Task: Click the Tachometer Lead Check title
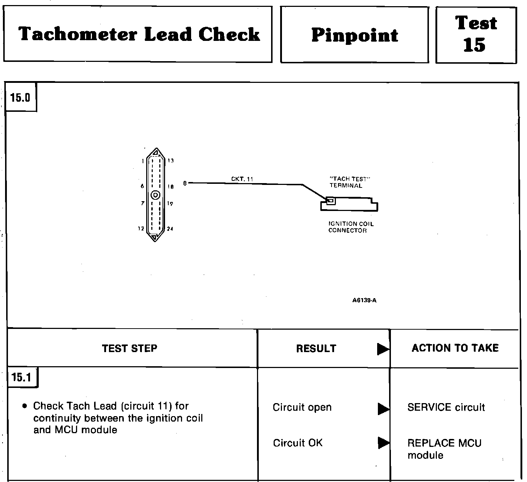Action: pyautogui.click(x=139, y=34)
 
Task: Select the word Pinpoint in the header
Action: pyautogui.click(x=354, y=35)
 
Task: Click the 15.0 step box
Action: pyautogui.click(x=21, y=98)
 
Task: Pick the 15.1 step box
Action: pyautogui.click(x=21, y=377)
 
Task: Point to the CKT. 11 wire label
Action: pyautogui.click(x=242, y=179)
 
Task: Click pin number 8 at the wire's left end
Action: pyautogui.click(x=185, y=183)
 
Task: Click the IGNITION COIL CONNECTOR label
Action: pyautogui.click(x=351, y=227)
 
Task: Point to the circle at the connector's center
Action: pyautogui.click(x=156, y=195)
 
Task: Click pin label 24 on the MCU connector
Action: pyautogui.click(x=170, y=229)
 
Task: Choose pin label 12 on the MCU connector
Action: pyautogui.click(x=141, y=229)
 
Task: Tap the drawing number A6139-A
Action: pyautogui.click(x=364, y=300)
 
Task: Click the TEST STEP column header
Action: pyautogui.click(x=130, y=348)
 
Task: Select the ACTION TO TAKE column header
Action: pyautogui.click(x=455, y=348)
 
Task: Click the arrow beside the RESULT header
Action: pyautogui.click(x=383, y=349)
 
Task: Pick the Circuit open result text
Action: pyautogui.click(x=302, y=407)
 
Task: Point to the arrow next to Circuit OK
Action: pyautogui.click(x=383, y=443)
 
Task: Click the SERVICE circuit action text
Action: pyautogui.click(x=446, y=407)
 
